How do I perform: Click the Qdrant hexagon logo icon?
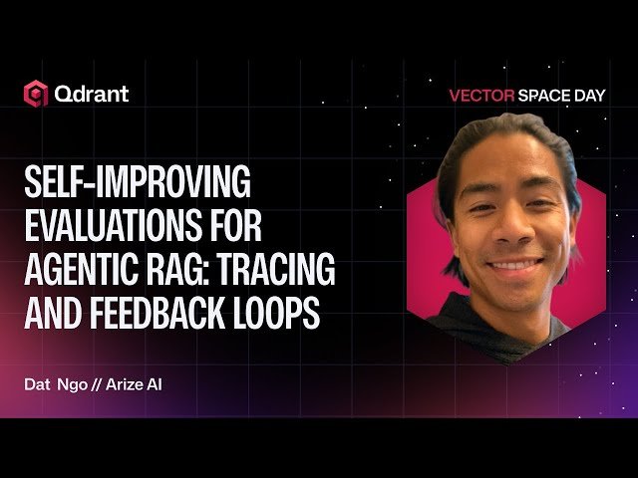36,95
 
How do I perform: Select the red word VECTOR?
481,97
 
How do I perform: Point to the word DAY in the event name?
591,97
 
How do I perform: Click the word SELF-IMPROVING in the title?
137,184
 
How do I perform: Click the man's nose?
506,231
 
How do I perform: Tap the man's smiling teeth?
509,265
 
